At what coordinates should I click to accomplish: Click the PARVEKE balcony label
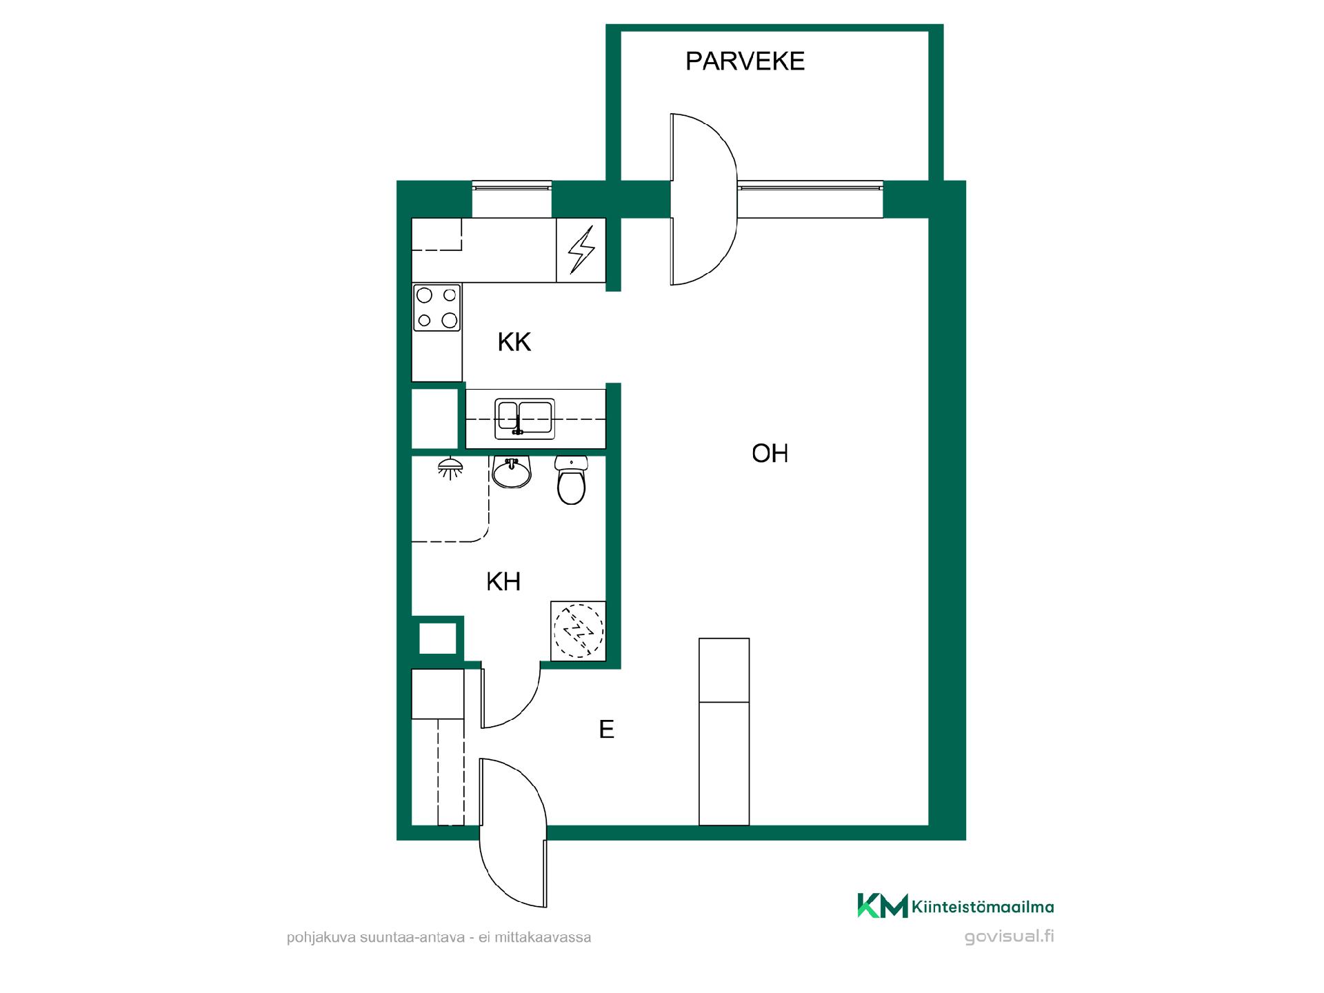coord(745,61)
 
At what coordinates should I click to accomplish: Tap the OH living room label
coord(770,454)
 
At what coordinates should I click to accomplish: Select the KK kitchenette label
coord(514,342)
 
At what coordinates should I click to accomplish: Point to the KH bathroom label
coord(503,582)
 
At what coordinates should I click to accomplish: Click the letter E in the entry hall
coord(606,730)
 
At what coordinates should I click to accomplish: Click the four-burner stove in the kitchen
coord(437,308)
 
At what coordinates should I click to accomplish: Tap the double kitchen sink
coord(525,419)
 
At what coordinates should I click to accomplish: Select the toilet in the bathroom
coord(571,480)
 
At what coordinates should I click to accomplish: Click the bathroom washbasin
coord(511,472)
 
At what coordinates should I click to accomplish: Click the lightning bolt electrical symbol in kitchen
coord(581,250)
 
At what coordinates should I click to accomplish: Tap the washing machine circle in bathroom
coord(579,630)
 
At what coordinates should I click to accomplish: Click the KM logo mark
coord(883,905)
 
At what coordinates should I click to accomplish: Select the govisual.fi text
coord(1010,937)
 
